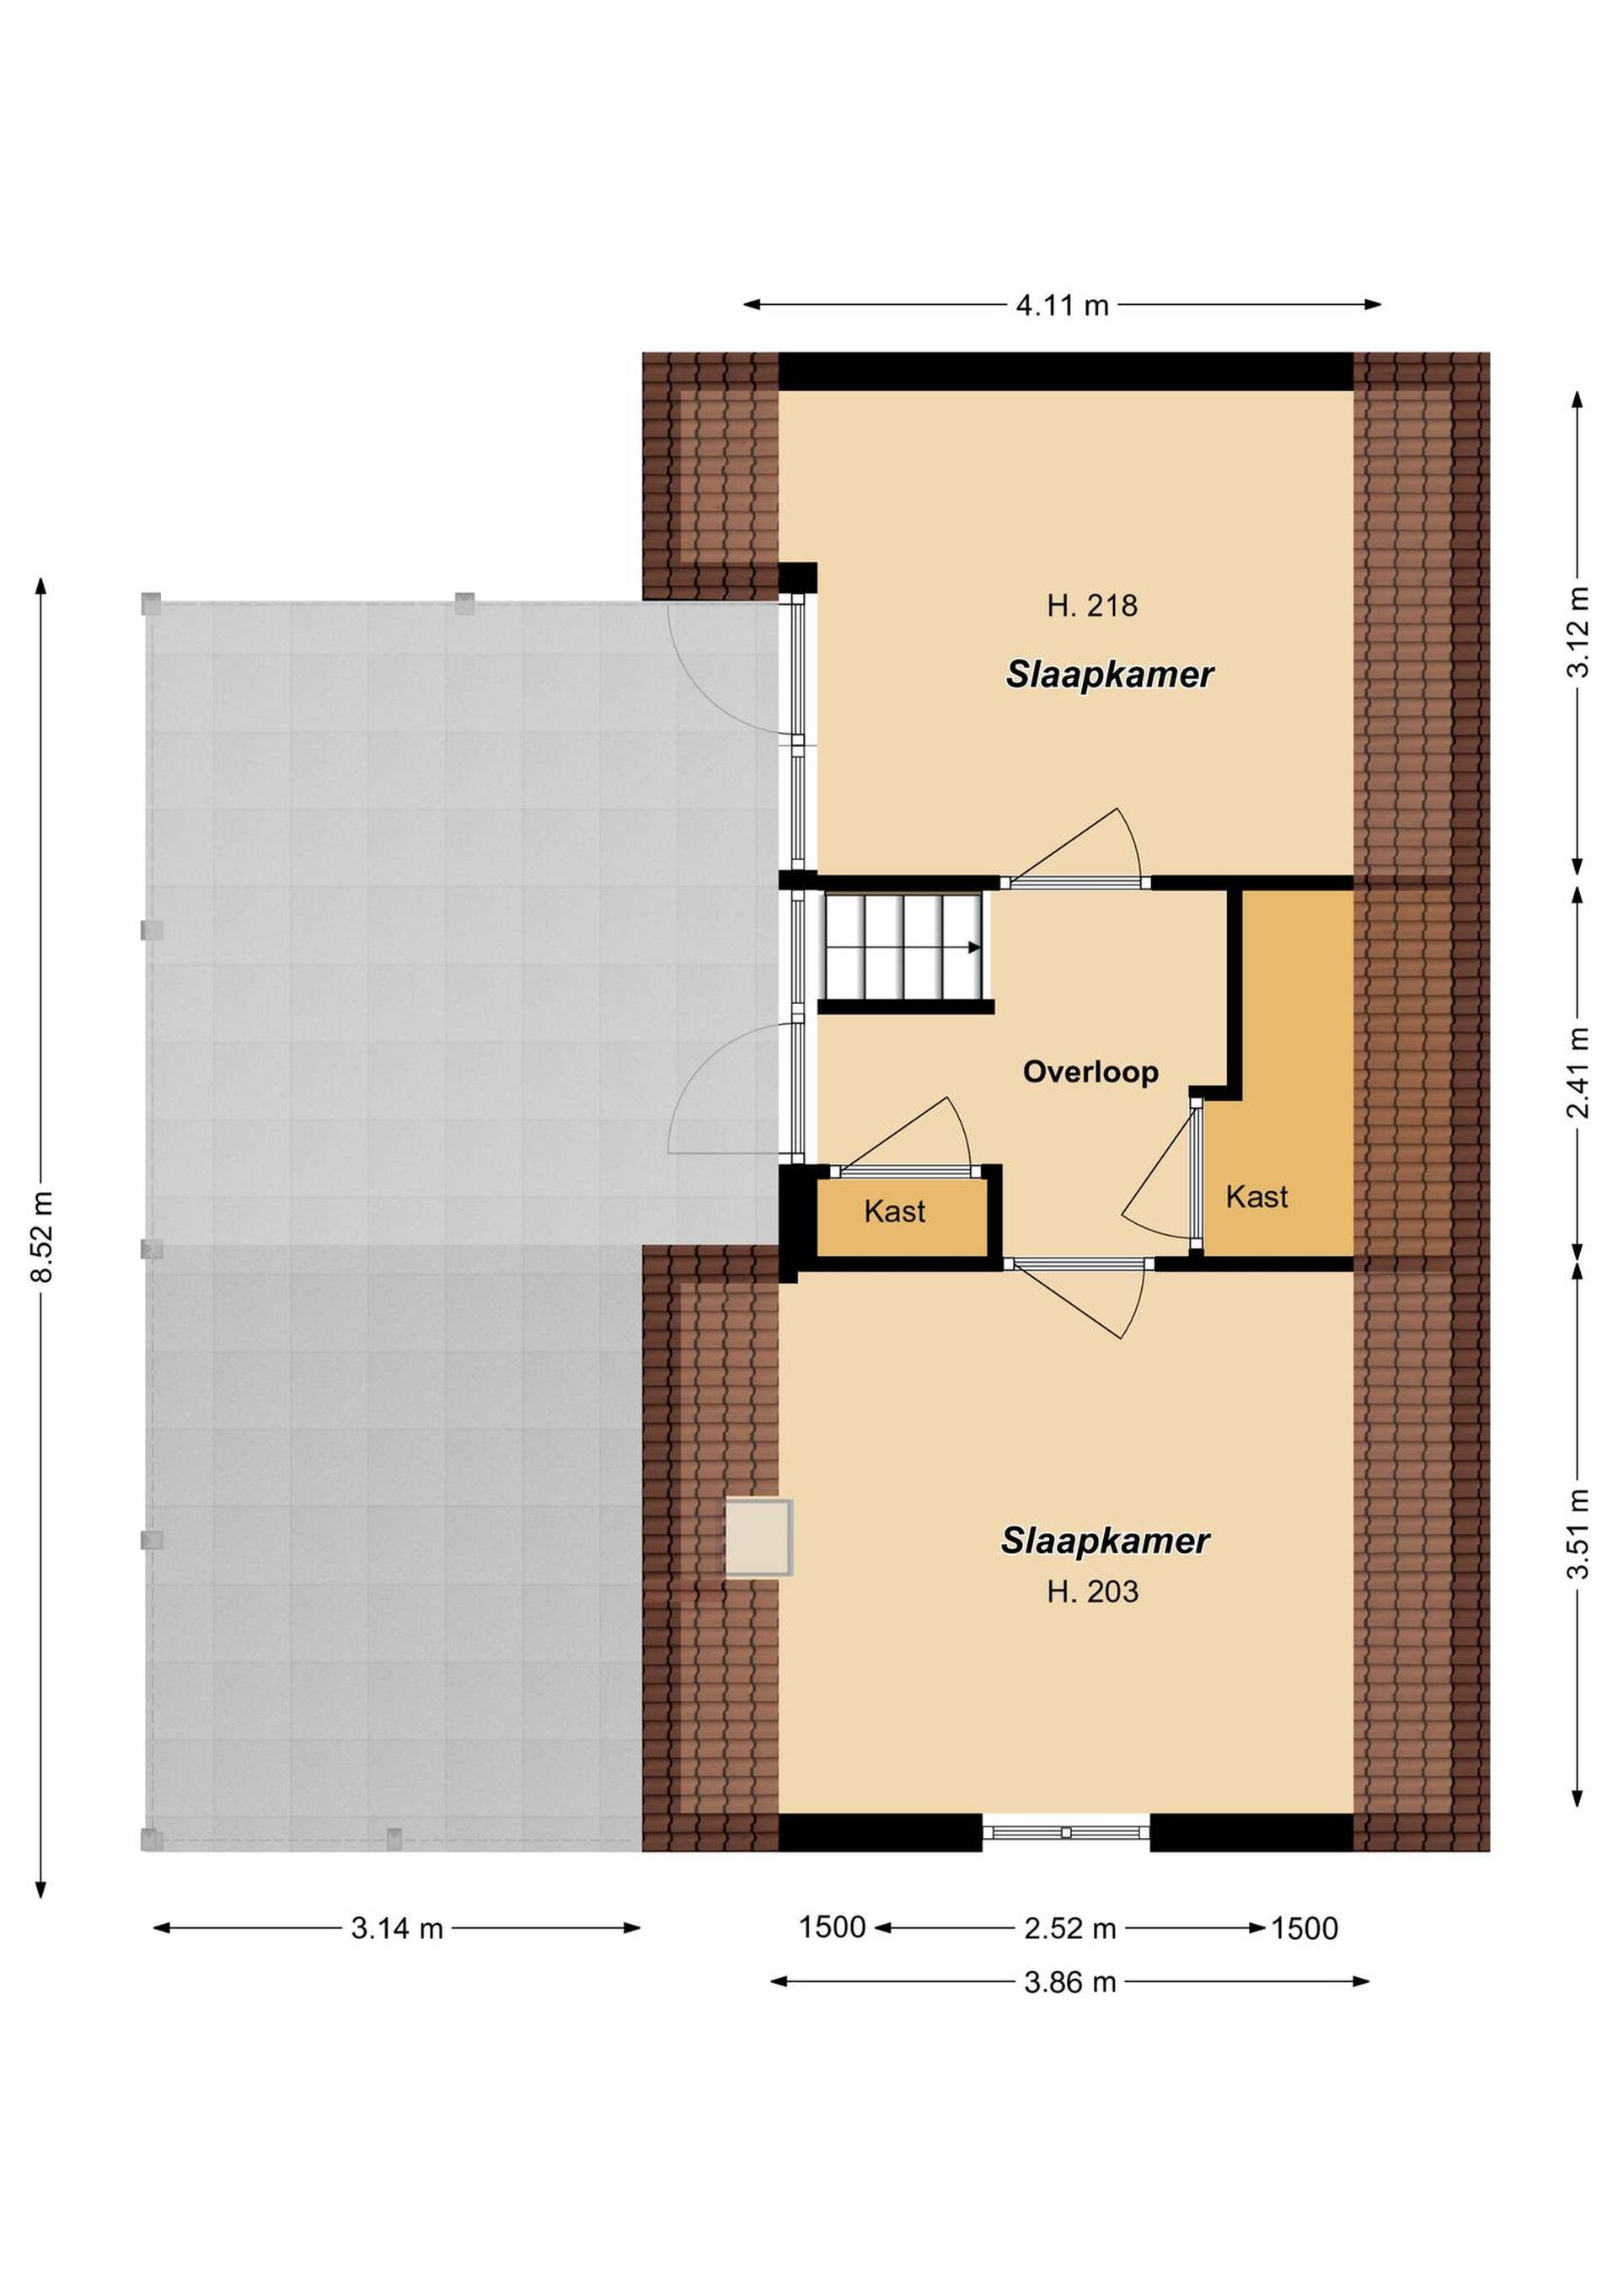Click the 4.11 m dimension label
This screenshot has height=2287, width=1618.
pos(1062,305)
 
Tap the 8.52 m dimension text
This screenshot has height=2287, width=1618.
pos(43,1235)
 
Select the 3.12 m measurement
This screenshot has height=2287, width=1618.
pos(1578,633)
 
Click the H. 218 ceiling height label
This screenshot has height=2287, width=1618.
pos(1092,606)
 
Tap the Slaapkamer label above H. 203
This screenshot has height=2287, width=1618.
pos(1105,1541)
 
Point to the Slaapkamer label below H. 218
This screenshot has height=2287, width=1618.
pos(1110,675)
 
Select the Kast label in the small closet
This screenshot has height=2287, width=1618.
pos(895,1211)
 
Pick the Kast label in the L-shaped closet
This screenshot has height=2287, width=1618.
pos(1256,1196)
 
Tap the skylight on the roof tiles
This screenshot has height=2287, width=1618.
pos(758,1539)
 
